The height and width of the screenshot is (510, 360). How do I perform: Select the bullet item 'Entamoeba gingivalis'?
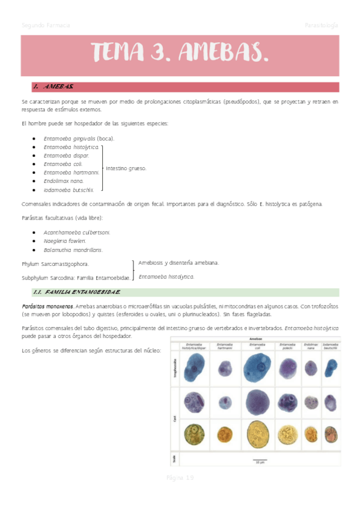point(79,138)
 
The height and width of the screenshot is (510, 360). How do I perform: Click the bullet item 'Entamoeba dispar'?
point(67,155)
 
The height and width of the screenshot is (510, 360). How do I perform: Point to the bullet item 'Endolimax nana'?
point(64,180)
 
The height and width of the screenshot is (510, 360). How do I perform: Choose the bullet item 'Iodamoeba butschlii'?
point(69,189)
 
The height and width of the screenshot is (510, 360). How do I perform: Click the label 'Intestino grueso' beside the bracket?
point(126,168)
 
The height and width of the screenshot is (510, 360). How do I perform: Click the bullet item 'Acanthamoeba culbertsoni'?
point(76,232)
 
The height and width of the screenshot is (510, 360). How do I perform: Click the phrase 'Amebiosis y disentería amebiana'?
point(178,263)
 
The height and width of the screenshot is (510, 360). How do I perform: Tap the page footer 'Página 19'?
point(180,478)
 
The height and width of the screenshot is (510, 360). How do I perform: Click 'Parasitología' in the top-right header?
point(321,25)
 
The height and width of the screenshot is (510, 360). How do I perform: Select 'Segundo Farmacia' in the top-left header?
point(46,25)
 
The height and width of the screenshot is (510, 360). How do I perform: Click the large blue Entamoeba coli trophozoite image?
point(259,367)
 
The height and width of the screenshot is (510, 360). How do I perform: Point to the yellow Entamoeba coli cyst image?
point(259,434)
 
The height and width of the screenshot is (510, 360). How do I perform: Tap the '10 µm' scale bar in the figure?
point(260,461)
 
